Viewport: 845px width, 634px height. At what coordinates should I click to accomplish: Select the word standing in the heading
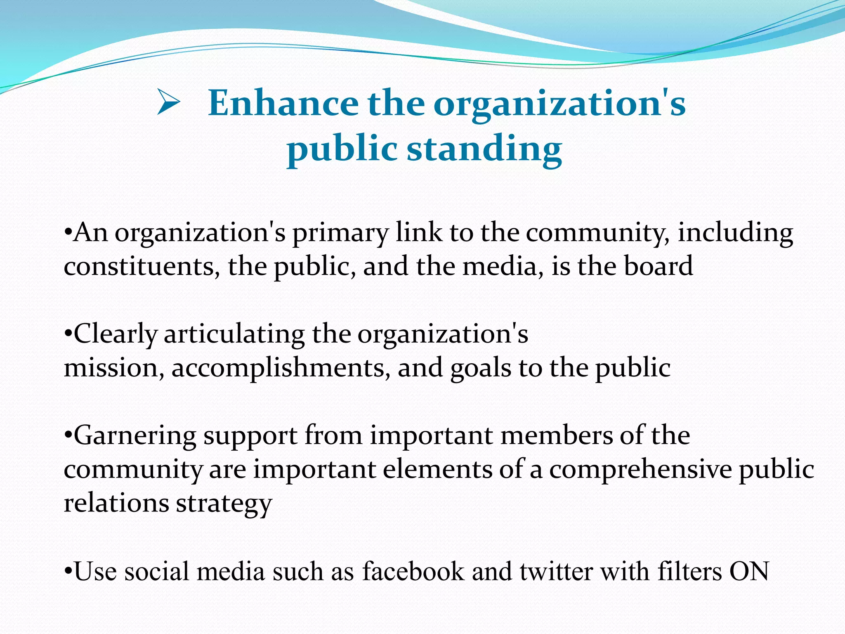[x=484, y=149]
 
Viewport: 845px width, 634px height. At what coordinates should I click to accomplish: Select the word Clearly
[x=116, y=335]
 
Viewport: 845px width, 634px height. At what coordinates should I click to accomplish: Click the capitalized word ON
[x=749, y=572]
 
